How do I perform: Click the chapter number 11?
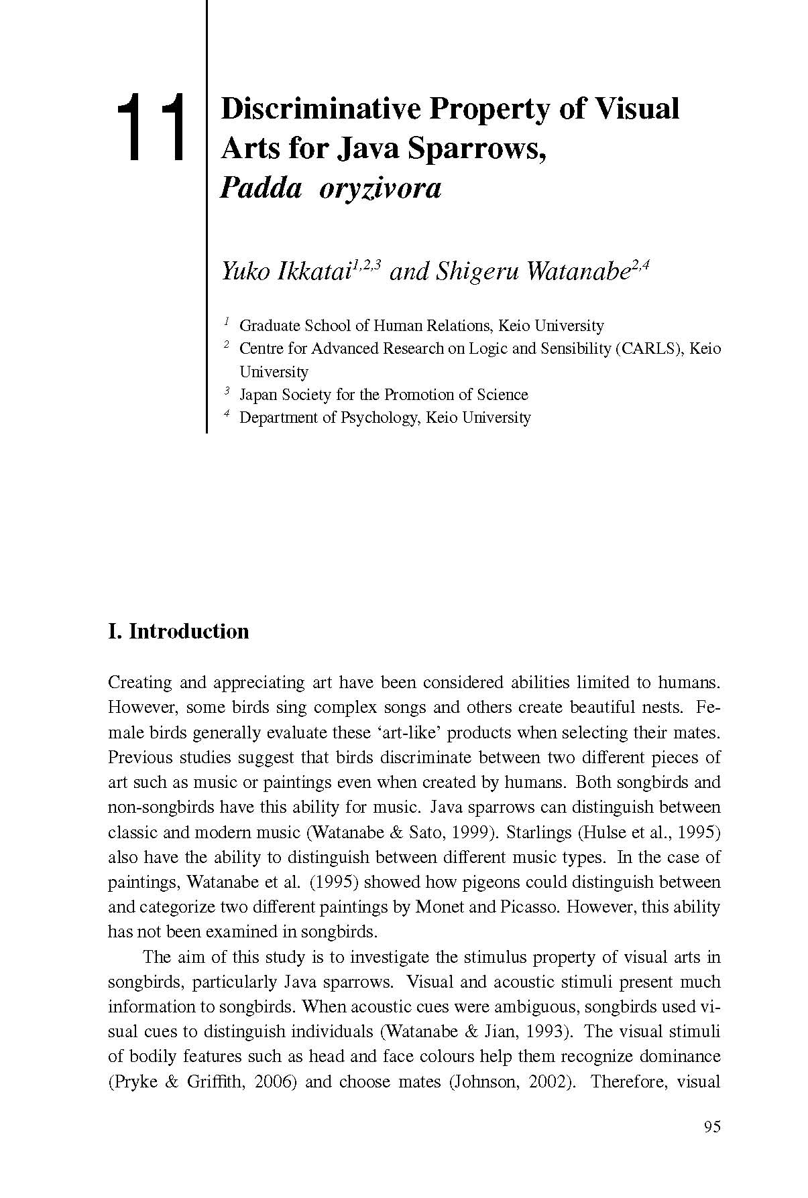pyautogui.click(x=151, y=127)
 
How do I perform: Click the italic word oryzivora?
pyautogui.click(x=380, y=189)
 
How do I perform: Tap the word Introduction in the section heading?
pyautogui.click(x=188, y=631)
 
